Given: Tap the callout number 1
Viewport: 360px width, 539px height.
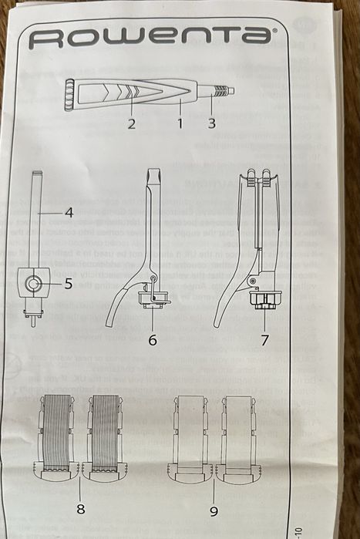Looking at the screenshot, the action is pos(180,123).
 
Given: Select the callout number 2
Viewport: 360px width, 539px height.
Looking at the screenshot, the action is pos(132,123).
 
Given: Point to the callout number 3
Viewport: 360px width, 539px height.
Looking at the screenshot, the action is pos(212,123).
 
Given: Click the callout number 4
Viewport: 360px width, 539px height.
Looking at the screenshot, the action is pos(69,212).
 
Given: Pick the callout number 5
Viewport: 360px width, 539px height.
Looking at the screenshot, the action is pos(68,284).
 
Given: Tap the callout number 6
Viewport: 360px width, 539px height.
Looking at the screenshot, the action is pos(153,340).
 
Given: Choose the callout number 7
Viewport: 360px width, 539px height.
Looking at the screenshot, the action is pos(264,340).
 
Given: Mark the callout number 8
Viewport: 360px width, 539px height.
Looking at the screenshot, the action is pos(81,509).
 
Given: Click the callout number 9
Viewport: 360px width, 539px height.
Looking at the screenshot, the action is pos(214,511).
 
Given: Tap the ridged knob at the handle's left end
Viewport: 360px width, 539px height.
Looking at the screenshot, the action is pos(69,95).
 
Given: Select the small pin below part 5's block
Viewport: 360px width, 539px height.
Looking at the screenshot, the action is pos(33,321).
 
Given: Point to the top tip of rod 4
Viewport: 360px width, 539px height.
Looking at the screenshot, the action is pos(37,172).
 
